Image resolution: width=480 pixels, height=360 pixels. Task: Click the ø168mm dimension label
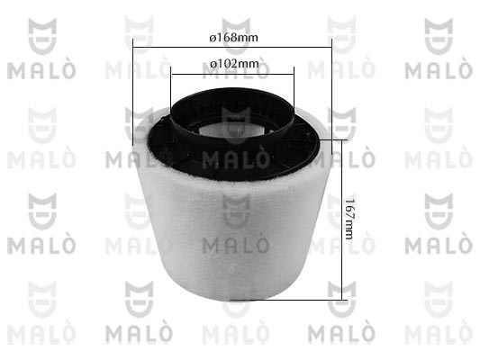click(x=233, y=38)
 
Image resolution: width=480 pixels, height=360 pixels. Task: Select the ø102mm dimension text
click(x=234, y=64)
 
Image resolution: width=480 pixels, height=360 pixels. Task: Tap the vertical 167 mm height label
click(x=349, y=219)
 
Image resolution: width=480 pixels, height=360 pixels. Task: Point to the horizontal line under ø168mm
click(x=232, y=48)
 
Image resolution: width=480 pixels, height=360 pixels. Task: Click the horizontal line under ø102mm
click(x=232, y=74)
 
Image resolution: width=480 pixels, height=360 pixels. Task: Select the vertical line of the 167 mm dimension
click(x=341, y=220)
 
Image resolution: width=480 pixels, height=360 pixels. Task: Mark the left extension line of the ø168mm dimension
click(x=133, y=92)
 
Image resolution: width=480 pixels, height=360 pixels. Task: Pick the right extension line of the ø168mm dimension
click(x=331, y=96)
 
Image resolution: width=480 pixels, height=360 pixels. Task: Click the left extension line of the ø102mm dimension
click(x=171, y=87)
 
